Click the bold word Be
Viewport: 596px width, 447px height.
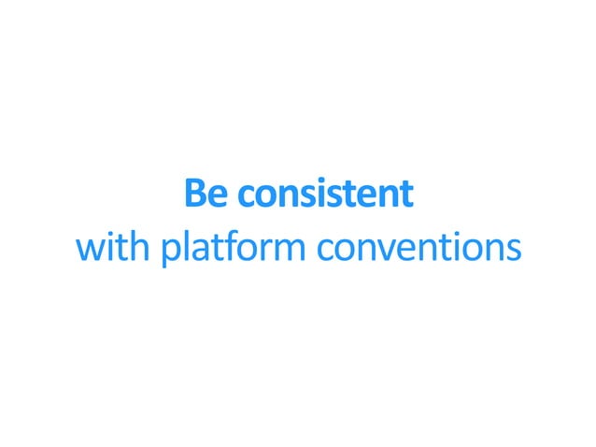(x=206, y=194)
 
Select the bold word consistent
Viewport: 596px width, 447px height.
(x=325, y=194)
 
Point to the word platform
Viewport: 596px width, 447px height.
(x=234, y=250)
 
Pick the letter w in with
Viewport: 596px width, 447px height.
(x=89, y=250)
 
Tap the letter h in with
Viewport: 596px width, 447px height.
(x=142, y=247)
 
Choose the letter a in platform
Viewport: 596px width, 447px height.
(x=201, y=250)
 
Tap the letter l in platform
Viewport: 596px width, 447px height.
(x=187, y=247)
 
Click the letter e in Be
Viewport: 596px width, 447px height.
(x=219, y=195)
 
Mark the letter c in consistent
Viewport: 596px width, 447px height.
(x=246, y=195)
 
